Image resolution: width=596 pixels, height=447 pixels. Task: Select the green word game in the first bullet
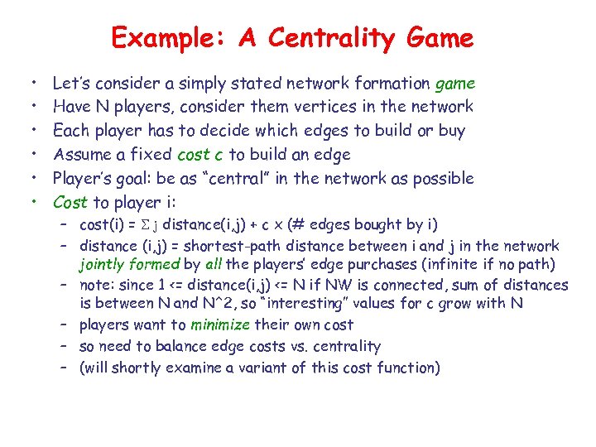click(454, 83)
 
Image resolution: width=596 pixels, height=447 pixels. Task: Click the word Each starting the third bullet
click(70, 131)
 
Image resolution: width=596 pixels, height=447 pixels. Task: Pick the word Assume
click(79, 155)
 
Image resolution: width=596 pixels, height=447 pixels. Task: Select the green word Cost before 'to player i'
click(70, 203)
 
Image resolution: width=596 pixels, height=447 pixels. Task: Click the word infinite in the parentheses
click(449, 266)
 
